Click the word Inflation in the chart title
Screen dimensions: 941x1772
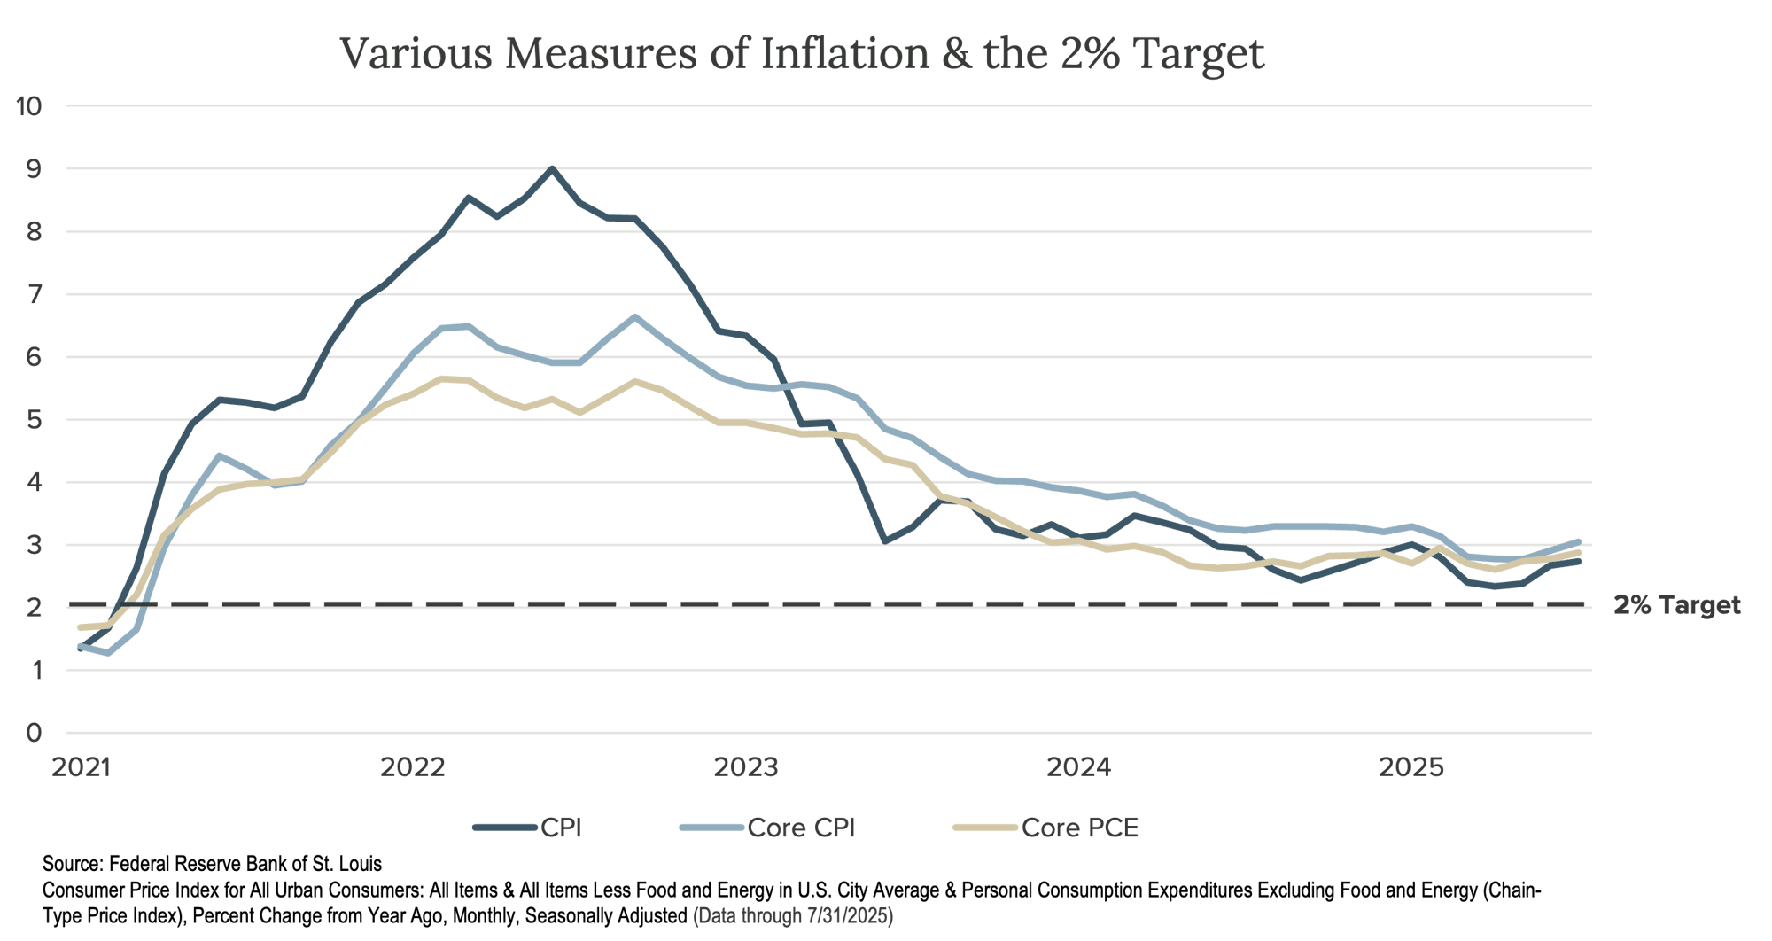tap(845, 53)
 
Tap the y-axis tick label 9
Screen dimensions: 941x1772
tap(34, 169)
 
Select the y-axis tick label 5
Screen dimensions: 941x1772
tap(34, 420)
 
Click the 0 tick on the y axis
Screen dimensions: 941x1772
tap(34, 733)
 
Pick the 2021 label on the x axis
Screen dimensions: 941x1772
tap(82, 767)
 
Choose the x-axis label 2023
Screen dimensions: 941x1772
tap(746, 767)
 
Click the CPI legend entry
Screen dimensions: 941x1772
tap(560, 828)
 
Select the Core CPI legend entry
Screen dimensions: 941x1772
tap(801, 828)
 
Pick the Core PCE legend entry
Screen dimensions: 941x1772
tap(1079, 828)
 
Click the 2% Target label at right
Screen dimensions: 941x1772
tap(1676, 606)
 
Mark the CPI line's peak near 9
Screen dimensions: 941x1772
tap(551, 167)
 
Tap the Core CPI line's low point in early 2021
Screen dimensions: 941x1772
tap(108, 654)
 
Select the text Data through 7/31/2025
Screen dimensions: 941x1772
tap(792, 915)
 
